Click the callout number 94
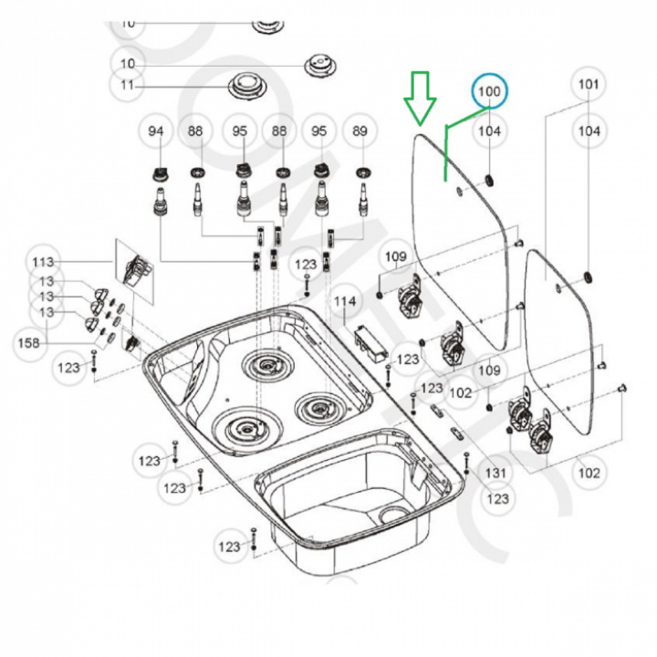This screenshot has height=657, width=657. [x=157, y=131]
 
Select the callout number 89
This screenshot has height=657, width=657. [x=360, y=131]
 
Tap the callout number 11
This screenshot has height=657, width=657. [x=127, y=87]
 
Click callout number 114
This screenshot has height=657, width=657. [x=344, y=301]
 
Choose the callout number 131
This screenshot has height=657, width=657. [x=495, y=473]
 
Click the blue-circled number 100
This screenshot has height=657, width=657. [x=490, y=91]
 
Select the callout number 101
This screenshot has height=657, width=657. [x=589, y=85]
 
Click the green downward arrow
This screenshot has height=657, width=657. [x=421, y=99]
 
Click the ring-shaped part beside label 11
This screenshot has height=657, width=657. [x=245, y=87]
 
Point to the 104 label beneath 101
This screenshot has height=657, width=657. [x=589, y=131]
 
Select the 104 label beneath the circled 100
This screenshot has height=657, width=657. [x=490, y=131]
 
